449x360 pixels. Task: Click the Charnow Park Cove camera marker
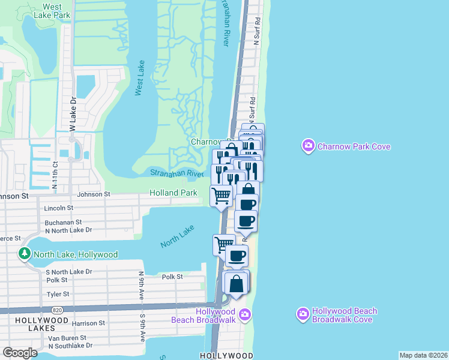[309, 146]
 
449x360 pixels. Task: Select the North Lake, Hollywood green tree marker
[25, 254]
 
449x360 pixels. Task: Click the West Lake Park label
[52, 10]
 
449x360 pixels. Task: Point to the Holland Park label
[173, 193]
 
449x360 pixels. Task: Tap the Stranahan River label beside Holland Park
[177, 173]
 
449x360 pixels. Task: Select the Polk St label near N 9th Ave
[172, 277]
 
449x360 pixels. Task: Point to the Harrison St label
[89, 323]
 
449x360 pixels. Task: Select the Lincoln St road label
[59, 208]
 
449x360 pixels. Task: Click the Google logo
[20, 353]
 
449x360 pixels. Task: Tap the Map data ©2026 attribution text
[423, 355]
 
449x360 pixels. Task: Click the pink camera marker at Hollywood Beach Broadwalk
[244, 314]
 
